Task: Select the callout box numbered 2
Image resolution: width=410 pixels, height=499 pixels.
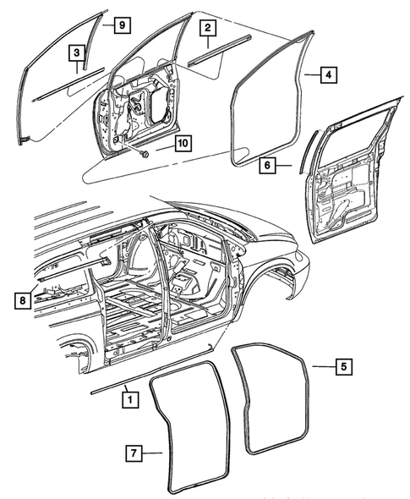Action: pos(205,29)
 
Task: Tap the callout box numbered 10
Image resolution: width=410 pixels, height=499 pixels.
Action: pos(183,143)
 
